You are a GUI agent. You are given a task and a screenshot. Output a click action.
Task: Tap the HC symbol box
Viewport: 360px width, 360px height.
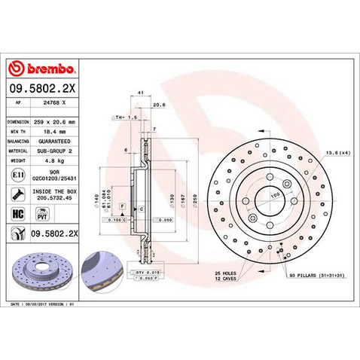pos(18,215)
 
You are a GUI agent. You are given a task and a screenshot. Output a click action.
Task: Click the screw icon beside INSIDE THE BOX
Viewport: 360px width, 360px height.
pos(18,194)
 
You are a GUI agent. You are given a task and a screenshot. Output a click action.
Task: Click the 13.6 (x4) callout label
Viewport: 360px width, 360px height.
pos(336,153)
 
